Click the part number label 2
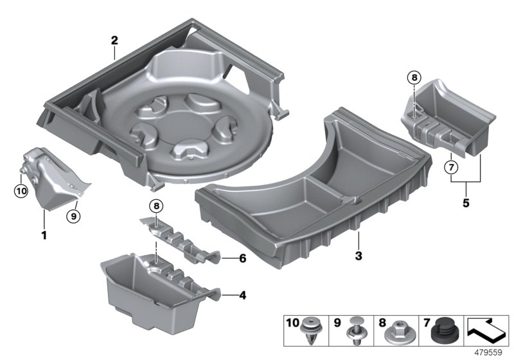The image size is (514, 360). pyautogui.click(x=114, y=40)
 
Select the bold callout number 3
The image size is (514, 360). pyautogui.click(x=359, y=256)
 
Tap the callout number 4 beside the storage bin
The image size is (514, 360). pyautogui.click(x=242, y=296)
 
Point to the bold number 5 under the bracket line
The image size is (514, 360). pyautogui.click(x=466, y=204)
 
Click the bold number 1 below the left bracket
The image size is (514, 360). pyautogui.click(x=44, y=235)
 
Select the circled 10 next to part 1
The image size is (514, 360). pyautogui.click(x=21, y=190)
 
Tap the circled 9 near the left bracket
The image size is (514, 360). pyautogui.click(x=73, y=215)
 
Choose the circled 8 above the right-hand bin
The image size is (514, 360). pyautogui.click(x=413, y=78)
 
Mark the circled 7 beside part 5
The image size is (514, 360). pyautogui.click(x=450, y=169)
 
